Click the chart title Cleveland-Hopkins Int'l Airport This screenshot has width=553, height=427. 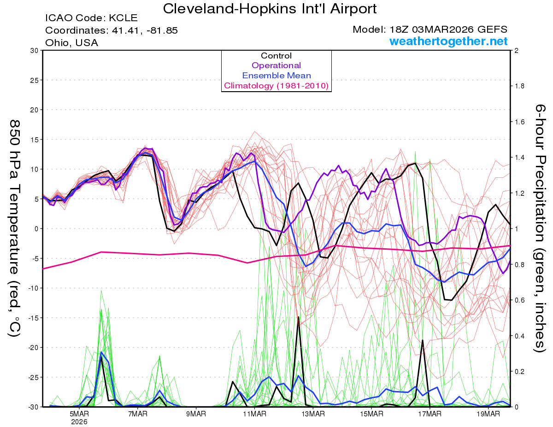(270, 8)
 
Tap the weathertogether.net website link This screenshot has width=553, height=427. (448, 41)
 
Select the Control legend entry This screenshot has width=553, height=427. (276, 56)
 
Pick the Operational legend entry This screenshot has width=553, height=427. (276, 65)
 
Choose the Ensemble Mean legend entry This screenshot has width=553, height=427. (276, 76)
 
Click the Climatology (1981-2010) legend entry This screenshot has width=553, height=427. (276, 86)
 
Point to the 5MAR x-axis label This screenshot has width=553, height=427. (79, 414)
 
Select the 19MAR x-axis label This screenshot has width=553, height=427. (488, 414)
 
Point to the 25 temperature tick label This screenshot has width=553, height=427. (34, 80)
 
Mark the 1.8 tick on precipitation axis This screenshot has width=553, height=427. (520, 86)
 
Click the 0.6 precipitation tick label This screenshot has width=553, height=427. (520, 300)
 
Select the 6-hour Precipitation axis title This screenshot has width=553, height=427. (540, 228)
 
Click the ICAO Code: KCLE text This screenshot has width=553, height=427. (91, 18)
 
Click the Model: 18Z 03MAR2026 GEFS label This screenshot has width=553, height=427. (430, 29)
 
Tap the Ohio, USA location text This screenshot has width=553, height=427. (71, 42)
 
